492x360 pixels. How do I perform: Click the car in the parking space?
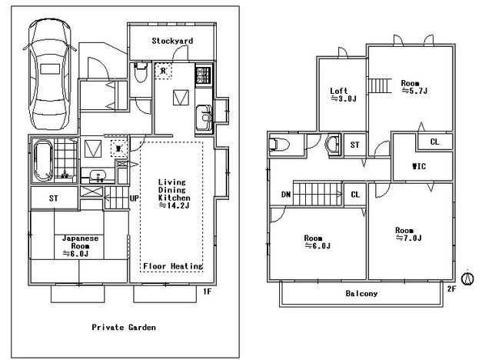click(x=49, y=75)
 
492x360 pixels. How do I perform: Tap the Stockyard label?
click(x=172, y=41)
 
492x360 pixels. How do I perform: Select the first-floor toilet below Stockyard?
click(x=140, y=72)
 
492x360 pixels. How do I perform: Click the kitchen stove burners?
click(x=203, y=75)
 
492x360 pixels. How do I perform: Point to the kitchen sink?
click(x=204, y=118)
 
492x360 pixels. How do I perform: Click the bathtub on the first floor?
click(x=43, y=161)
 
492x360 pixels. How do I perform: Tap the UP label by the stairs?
click(x=134, y=198)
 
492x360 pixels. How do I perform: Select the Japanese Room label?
click(x=80, y=242)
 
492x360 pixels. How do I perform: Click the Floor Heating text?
click(x=173, y=266)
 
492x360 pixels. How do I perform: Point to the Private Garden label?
click(x=124, y=328)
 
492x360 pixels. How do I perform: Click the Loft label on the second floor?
click(x=339, y=91)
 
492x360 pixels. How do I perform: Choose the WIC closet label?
click(x=419, y=166)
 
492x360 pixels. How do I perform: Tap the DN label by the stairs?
click(x=286, y=195)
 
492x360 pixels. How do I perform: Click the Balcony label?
click(x=361, y=293)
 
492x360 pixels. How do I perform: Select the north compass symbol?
click(x=467, y=278)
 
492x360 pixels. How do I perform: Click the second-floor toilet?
click(x=278, y=145)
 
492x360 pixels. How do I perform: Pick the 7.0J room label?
click(x=408, y=234)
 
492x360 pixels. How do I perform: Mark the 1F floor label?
click(x=207, y=292)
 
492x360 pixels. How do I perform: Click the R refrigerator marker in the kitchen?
click(x=163, y=71)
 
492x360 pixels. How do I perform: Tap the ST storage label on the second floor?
click(x=355, y=145)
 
